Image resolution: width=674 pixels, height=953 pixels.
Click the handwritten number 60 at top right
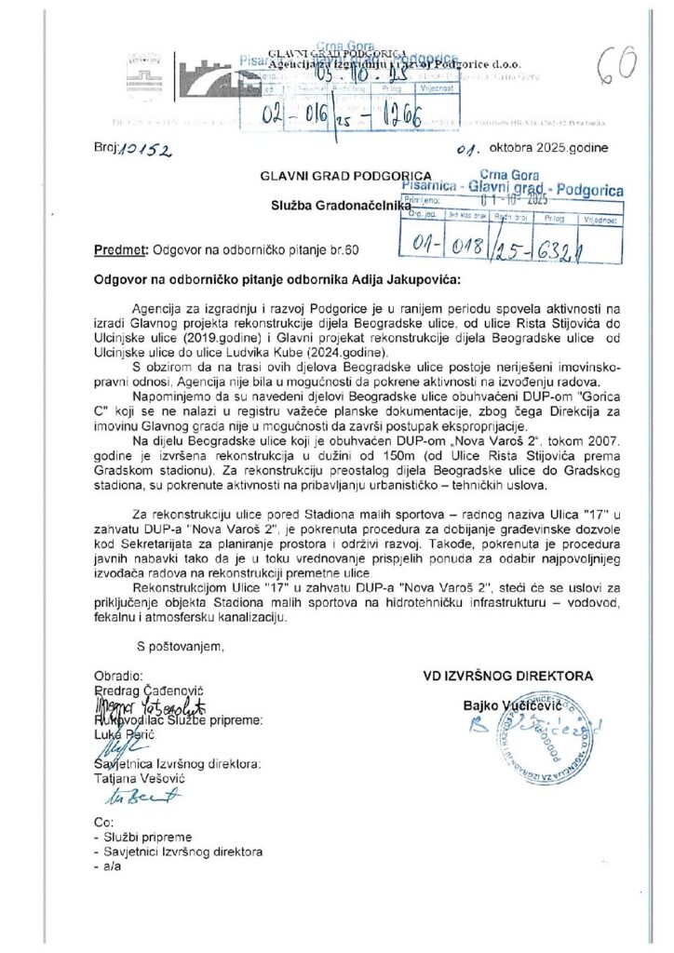click(x=614, y=62)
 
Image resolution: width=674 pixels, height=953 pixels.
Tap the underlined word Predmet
click(x=120, y=250)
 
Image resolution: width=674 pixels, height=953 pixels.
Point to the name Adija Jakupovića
click(x=399, y=277)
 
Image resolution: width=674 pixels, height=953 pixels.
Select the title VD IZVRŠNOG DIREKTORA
click(x=507, y=676)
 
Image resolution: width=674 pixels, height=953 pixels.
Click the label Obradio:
click(x=118, y=675)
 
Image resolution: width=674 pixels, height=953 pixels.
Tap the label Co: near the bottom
click(x=102, y=823)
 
